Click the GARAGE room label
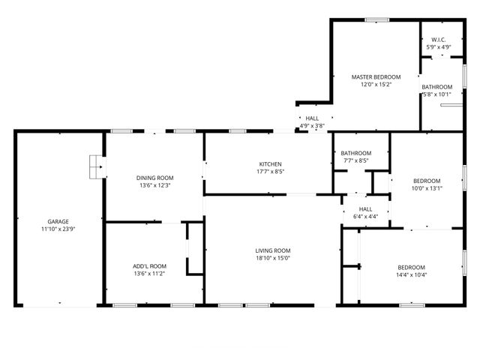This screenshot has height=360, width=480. [x=58, y=221]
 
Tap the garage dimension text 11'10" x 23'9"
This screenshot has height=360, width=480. [x=58, y=229]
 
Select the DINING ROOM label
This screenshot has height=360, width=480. [x=154, y=178]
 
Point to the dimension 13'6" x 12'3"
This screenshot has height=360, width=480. [x=154, y=185]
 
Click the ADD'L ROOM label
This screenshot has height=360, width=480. [x=149, y=266]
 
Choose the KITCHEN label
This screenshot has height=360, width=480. [x=271, y=163]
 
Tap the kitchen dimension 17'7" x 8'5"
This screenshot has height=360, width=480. [x=271, y=171]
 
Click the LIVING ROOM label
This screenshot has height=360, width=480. [x=272, y=250]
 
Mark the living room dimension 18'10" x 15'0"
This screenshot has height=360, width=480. [x=272, y=258]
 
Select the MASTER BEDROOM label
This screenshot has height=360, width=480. [x=376, y=76]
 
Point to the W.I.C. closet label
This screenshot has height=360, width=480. [x=439, y=40]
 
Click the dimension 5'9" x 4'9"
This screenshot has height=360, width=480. [x=439, y=47]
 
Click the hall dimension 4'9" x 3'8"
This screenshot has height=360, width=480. [x=312, y=126]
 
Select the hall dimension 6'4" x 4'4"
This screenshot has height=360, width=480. [x=365, y=217]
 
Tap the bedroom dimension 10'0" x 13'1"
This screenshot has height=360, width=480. [x=427, y=188]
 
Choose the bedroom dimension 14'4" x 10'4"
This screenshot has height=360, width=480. [x=411, y=275]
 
